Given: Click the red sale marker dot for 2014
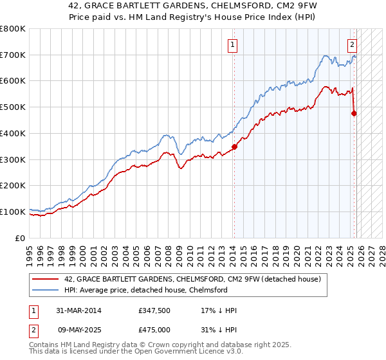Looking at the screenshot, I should click(x=234, y=147).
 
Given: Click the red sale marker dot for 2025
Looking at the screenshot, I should click(x=354, y=113).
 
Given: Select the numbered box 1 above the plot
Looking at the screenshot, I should click(x=232, y=45).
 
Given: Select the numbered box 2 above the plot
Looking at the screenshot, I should click(x=352, y=45).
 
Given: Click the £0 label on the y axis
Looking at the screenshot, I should click(x=21, y=238).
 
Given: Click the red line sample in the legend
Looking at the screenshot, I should click(x=47, y=279).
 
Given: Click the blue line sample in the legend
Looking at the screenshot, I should click(x=47, y=290).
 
